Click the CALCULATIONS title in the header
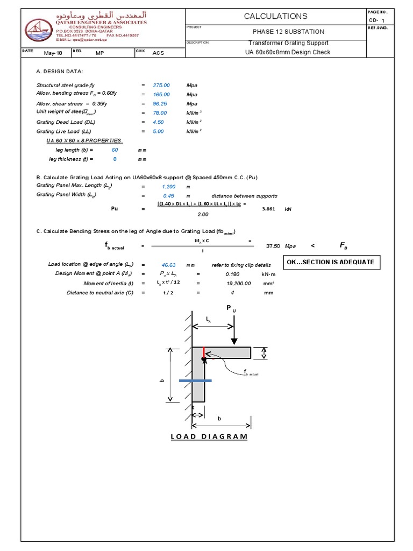point(275,16)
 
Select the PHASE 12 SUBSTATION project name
point(288,32)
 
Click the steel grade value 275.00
point(161,86)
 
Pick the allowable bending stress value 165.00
point(161,95)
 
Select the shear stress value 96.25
point(161,104)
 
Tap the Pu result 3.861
point(268,209)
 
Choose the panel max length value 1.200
point(169,186)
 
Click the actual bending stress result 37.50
point(273,246)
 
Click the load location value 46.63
point(169,265)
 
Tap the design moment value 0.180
point(232,274)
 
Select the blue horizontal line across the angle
point(195,380)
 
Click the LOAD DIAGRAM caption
point(209,436)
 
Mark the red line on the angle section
point(203,352)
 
